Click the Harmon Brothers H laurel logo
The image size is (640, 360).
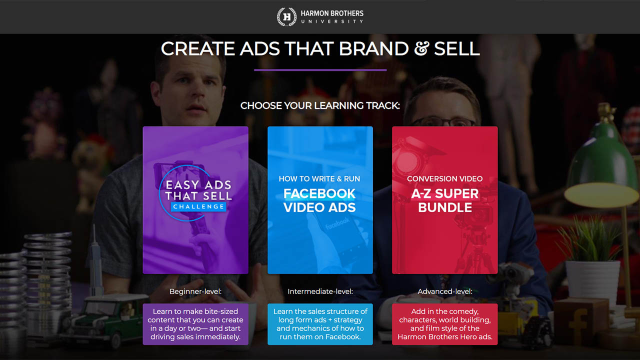(x=286, y=17)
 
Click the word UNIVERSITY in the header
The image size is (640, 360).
(x=332, y=21)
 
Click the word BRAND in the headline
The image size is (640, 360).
(x=373, y=48)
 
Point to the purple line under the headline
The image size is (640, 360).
(x=320, y=70)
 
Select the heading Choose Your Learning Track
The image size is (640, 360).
(x=320, y=105)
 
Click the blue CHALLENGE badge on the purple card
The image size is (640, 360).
(x=198, y=206)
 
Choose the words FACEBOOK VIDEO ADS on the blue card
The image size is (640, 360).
(x=319, y=200)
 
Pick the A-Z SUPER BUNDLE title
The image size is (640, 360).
(x=445, y=200)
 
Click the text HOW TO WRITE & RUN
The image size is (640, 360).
(x=319, y=179)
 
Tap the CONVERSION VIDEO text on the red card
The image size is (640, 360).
(x=445, y=179)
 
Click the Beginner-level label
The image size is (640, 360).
(x=195, y=291)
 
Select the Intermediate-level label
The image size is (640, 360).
(x=320, y=291)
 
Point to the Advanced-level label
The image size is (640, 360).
(x=445, y=291)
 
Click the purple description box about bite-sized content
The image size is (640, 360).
(x=195, y=324)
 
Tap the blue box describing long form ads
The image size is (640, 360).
(x=320, y=324)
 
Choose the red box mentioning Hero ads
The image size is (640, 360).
(x=445, y=324)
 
